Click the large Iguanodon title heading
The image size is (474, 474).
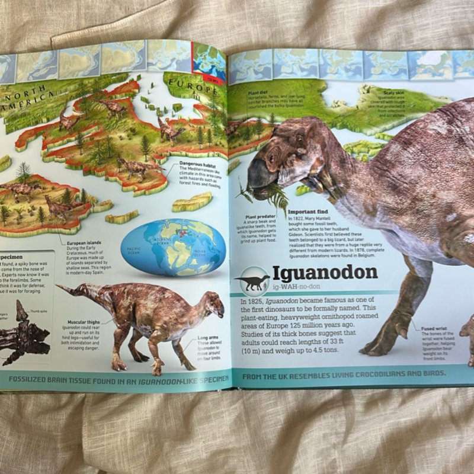(325, 273)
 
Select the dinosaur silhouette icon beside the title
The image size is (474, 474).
(252, 281)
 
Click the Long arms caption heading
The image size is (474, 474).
(207, 338)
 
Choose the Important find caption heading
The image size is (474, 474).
(306, 212)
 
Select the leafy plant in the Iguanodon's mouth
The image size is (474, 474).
(270, 193)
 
